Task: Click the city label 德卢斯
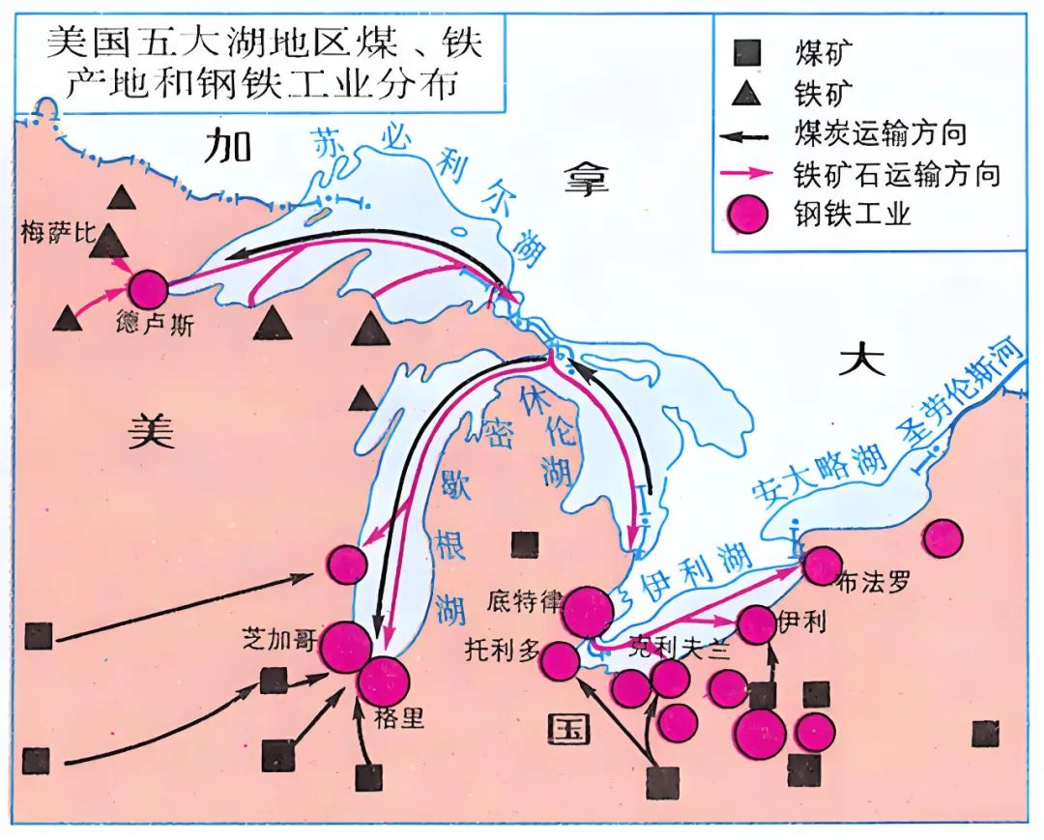click(x=154, y=325)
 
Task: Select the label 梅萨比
click(x=59, y=233)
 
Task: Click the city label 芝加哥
click(x=279, y=641)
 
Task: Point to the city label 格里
click(x=398, y=718)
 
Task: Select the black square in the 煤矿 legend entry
click(x=747, y=52)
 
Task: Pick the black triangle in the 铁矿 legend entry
click(x=746, y=93)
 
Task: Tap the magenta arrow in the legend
click(x=747, y=173)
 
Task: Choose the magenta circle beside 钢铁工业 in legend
click(x=747, y=215)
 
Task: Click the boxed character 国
click(x=568, y=728)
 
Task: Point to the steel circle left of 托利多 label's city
click(x=560, y=661)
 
